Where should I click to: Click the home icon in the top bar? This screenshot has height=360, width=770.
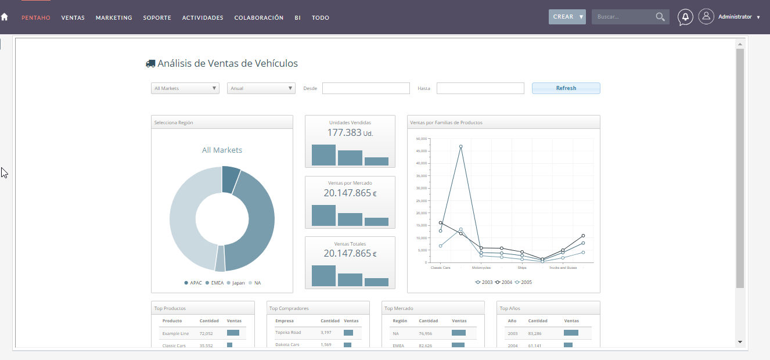5,17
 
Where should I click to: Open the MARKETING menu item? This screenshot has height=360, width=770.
114,18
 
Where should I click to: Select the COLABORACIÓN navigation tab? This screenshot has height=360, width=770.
258,18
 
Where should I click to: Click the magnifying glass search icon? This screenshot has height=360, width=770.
660,17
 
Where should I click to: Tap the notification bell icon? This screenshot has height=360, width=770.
685,17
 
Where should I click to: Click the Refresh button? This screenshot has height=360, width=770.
566,88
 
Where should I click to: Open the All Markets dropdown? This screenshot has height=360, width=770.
185,88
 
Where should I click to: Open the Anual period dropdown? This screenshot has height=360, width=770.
261,88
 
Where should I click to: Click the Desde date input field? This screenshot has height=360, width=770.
366,88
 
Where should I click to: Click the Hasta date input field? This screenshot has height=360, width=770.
480,88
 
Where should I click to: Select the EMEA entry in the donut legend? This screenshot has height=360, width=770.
217,283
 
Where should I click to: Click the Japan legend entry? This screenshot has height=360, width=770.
238,283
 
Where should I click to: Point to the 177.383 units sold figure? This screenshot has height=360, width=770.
344,132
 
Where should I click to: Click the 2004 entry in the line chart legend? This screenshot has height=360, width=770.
505,282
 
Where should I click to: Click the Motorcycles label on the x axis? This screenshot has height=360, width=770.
481,268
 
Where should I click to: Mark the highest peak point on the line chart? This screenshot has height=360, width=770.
460,147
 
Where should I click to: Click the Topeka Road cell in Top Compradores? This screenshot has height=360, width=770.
288,333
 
